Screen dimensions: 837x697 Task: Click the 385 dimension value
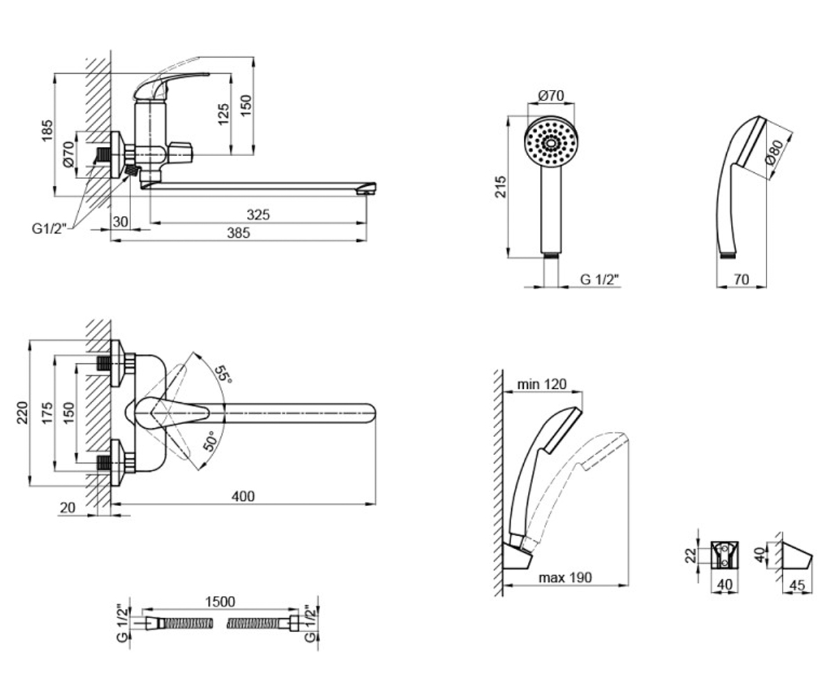[x=239, y=233]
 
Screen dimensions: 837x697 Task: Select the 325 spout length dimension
[x=258, y=215]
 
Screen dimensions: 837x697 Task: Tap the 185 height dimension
[x=47, y=130]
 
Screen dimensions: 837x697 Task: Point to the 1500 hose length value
[x=220, y=602]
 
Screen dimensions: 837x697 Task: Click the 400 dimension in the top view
[x=243, y=496]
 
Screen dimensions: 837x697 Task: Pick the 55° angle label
[x=223, y=374]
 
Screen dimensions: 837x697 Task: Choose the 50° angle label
[x=210, y=441]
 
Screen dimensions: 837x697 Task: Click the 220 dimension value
[x=22, y=412]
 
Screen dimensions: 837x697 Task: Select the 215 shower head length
[x=501, y=187]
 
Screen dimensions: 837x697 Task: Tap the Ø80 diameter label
[x=774, y=152]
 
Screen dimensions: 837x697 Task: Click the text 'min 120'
[x=542, y=384]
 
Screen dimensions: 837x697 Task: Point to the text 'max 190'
[x=565, y=578]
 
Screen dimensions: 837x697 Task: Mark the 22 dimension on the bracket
[x=691, y=556]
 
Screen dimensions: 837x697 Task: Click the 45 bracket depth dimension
[x=797, y=585]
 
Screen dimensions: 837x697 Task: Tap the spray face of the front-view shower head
[x=551, y=143]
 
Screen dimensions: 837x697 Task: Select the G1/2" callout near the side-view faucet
[x=49, y=229]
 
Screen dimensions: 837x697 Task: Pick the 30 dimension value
[x=120, y=222]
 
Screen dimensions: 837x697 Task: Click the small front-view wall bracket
[x=725, y=555]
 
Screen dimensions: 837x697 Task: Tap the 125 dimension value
[x=224, y=114]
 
